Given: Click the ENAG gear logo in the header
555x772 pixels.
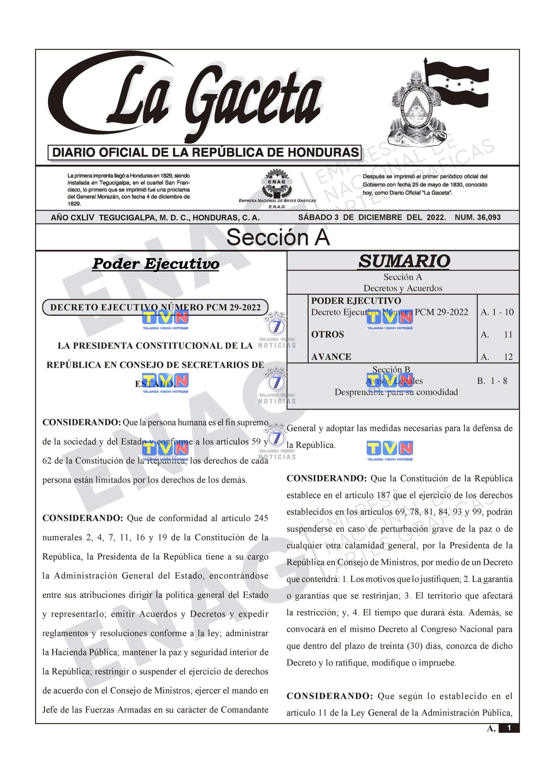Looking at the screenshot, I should [x=278, y=185].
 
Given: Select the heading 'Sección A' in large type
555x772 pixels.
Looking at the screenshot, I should [x=278, y=237].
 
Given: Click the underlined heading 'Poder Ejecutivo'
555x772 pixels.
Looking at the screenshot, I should [x=156, y=264].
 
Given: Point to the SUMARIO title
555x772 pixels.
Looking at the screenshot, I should [x=404, y=261].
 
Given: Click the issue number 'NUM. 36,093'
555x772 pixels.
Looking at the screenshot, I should [x=478, y=217].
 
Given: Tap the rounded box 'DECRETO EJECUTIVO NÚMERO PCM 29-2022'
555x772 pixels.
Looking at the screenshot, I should [x=155, y=307].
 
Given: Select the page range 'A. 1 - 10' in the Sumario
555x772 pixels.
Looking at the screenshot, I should [x=497, y=312].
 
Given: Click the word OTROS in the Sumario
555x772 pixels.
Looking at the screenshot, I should [x=327, y=335].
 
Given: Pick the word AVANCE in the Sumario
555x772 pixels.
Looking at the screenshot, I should [x=331, y=357].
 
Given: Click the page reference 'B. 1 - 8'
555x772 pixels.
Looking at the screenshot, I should [x=492, y=381].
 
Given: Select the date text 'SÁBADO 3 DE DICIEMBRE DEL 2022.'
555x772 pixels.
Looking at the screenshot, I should [x=372, y=217].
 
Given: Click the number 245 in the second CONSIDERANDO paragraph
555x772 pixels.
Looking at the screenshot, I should [x=261, y=518].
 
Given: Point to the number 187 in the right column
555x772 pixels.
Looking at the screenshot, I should [x=383, y=495].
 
